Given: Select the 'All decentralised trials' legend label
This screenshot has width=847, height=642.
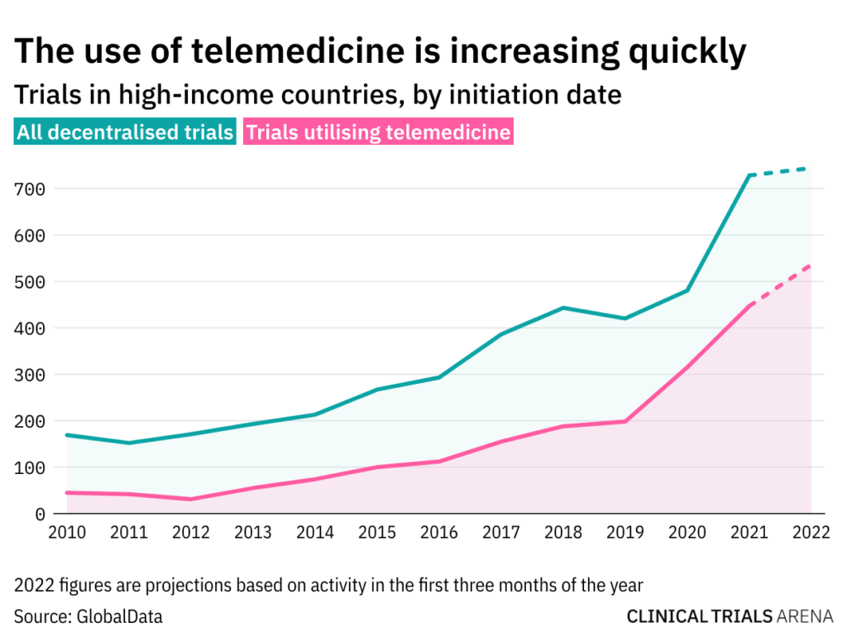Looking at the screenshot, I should [126, 132].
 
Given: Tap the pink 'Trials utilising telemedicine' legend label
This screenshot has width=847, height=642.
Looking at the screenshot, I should [378, 132].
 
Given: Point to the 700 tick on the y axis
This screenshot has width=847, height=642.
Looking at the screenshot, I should [30, 189].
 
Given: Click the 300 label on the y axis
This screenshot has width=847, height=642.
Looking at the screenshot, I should [30, 374].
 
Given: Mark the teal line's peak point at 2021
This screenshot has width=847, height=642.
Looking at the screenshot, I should [749, 175].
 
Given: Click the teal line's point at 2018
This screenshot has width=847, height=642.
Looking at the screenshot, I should [563, 308].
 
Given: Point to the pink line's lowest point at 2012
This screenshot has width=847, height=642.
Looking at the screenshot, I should [191, 499].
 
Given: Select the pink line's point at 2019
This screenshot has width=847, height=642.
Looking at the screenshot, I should [625, 422].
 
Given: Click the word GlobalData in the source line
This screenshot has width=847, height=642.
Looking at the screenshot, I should [120, 616].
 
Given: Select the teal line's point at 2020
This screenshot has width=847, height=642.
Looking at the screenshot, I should [687, 290].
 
